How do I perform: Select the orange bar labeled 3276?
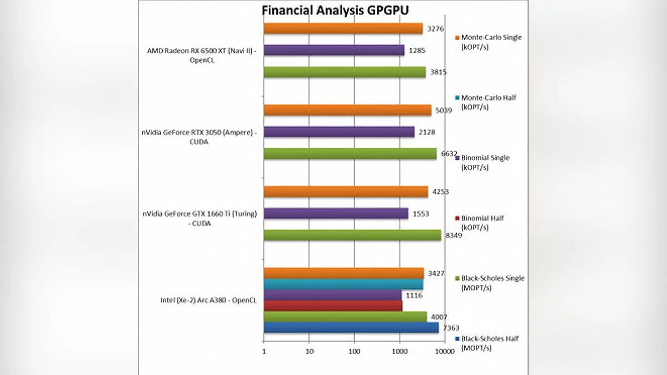click(x=343, y=28)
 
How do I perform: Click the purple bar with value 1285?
click(x=333, y=50)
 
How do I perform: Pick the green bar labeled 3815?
click(x=344, y=72)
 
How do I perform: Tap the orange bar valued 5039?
click(x=347, y=110)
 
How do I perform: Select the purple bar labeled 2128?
click(x=339, y=132)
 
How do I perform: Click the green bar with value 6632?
click(x=350, y=153)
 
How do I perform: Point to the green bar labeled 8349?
click(x=352, y=235)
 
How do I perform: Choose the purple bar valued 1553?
click(x=336, y=213)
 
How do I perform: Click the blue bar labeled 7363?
click(x=351, y=328)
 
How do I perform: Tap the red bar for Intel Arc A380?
click(x=332, y=306)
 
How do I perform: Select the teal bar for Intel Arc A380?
click(x=343, y=284)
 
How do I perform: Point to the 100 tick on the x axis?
click(x=355, y=352)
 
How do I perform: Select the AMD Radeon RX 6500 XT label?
click(x=200, y=55)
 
